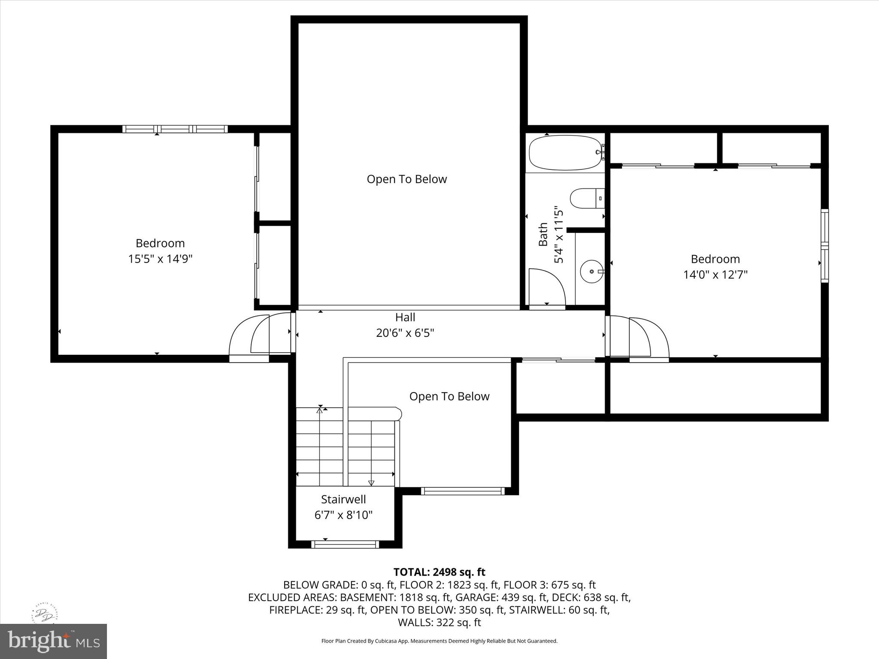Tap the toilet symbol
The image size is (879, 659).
[x=586, y=199]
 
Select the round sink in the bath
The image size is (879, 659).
[x=591, y=272]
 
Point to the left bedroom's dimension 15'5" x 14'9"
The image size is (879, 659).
[x=160, y=259]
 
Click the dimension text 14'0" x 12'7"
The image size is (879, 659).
[x=715, y=275]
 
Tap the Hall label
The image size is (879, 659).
[x=405, y=317]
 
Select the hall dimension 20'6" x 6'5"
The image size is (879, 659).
[x=405, y=333]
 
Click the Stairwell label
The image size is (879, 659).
[x=343, y=499]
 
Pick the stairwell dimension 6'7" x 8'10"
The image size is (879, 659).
[x=343, y=515]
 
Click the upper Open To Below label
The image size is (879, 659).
[x=406, y=179]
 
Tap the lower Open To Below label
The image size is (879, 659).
[x=449, y=396]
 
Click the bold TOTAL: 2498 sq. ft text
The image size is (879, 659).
[x=439, y=572]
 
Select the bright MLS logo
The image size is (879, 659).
[x=53, y=641]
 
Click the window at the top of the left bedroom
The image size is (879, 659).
[x=175, y=129]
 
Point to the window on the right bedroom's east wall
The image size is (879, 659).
[x=824, y=245]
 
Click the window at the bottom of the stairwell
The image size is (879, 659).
[x=345, y=544]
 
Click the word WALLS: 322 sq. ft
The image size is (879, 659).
[x=439, y=623]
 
